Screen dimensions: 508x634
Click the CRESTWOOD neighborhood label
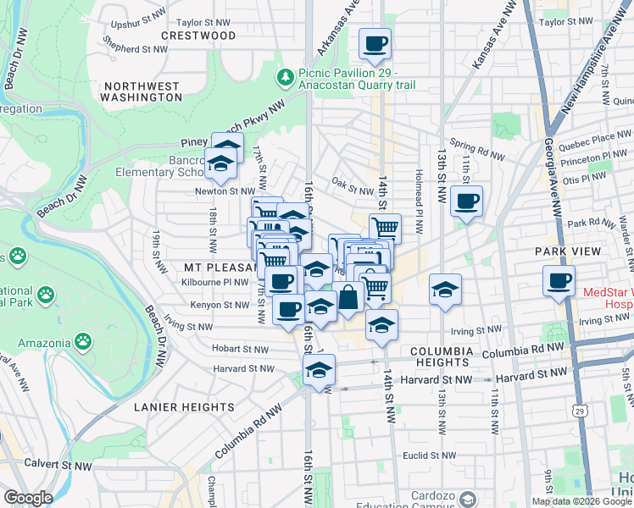[198, 36]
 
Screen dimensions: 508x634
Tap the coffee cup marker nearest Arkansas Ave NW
[375, 44]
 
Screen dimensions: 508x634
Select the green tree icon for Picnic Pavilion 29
[286, 78]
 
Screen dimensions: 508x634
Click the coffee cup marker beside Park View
[559, 281]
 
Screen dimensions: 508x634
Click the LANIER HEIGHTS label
[184, 407]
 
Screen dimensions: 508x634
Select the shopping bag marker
[348, 298]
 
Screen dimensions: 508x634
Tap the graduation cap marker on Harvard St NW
[320, 371]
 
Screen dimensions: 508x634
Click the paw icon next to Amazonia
[83, 342]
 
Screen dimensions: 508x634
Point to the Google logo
[27, 498]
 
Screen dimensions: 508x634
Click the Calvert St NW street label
[59, 465]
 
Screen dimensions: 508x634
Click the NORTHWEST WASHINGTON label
[141, 91]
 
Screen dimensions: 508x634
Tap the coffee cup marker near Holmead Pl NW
[466, 202]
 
